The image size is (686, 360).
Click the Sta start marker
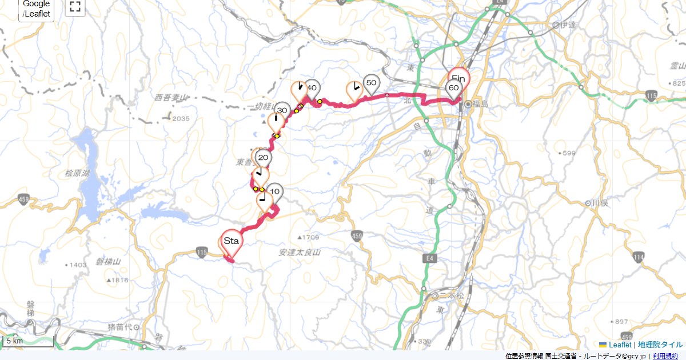(231, 241)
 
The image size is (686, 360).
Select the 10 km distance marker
(274, 191)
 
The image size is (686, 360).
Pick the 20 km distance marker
(263, 158)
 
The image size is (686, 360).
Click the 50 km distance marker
(371, 83)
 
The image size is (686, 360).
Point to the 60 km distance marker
(453, 88)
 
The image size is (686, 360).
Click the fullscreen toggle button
(75, 7)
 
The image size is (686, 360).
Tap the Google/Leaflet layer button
(37, 9)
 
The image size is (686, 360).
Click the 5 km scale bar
(29, 341)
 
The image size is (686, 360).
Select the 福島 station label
(481, 104)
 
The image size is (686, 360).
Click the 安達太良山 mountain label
(300, 252)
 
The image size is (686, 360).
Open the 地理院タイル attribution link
(660, 345)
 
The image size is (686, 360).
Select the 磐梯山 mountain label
(109, 262)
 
